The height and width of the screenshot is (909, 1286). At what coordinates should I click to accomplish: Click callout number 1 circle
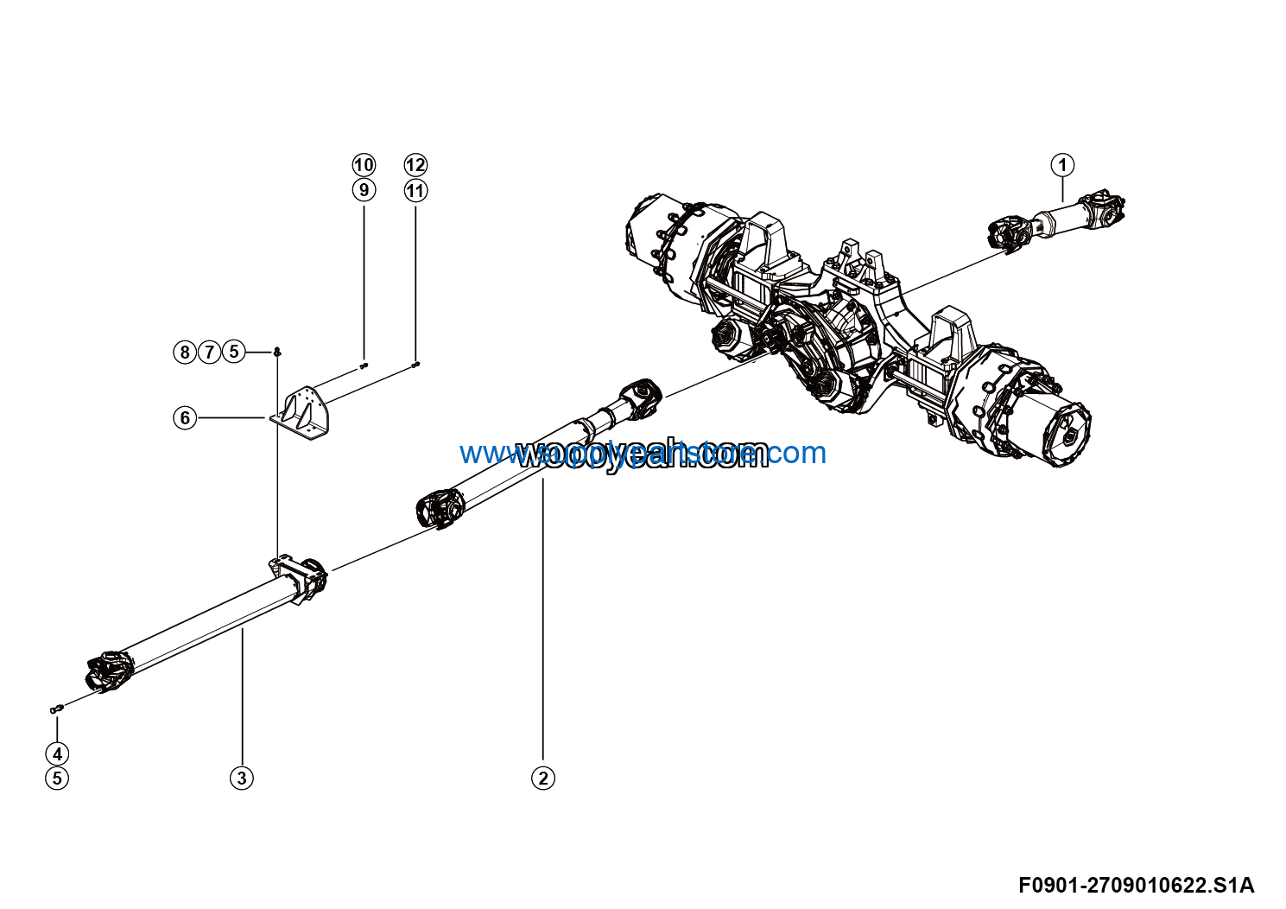(1062, 165)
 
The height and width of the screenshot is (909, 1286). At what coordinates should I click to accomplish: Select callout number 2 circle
(542, 778)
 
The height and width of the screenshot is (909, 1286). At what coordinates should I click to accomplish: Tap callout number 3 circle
(242, 778)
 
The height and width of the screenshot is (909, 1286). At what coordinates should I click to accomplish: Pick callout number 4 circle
(57, 753)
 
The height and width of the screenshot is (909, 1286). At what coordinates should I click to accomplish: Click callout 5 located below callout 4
(57, 778)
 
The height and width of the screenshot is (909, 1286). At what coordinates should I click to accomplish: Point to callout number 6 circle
(185, 418)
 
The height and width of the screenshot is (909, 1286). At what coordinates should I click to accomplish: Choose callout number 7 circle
(209, 352)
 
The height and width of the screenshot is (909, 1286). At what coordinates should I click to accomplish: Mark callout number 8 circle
(185, 352)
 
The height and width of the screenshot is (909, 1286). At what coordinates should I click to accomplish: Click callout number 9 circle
(364, 189)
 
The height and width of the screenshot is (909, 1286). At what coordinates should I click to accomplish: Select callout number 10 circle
(364, 165)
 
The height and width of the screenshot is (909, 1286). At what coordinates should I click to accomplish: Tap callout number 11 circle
(415, 190)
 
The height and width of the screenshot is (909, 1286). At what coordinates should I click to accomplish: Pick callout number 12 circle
(415, 165)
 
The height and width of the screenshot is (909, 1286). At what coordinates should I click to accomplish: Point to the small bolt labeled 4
(57, 709)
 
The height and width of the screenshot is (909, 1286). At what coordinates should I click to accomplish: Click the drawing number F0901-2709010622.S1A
(1136, 886)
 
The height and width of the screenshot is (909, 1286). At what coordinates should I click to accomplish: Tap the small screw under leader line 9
(364, 366)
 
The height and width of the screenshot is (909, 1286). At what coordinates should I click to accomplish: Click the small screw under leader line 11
(415, 365)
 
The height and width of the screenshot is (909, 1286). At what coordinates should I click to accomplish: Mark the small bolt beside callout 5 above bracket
(277, 352)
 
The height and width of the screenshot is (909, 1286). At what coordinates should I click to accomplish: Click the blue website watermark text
(643, 453)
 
